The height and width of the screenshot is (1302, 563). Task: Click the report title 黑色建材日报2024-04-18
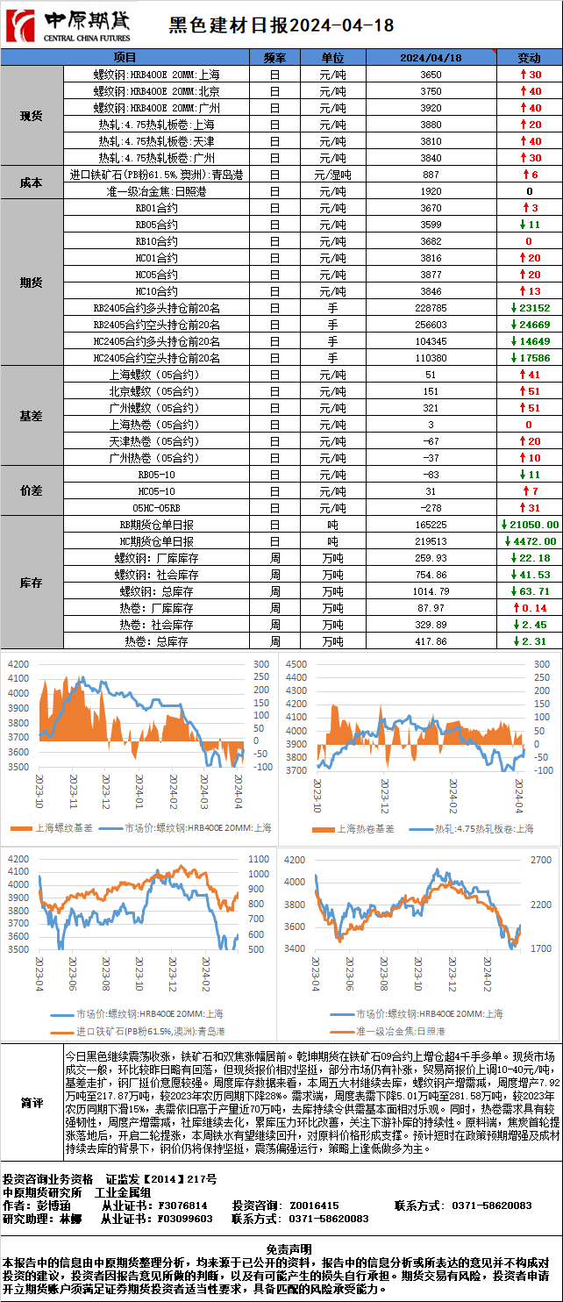click(280, 27)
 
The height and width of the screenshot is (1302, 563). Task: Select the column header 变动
click(529, 57)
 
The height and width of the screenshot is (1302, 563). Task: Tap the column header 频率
click(274, 57)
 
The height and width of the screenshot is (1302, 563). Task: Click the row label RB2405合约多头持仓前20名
click(157, 308)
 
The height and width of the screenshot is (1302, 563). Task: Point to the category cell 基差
click(32, 416)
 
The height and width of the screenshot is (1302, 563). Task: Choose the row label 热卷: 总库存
click(157, 641)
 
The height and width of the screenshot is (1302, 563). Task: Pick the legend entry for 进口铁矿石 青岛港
click(149, 1031)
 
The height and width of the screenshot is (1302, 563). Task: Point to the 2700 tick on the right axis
click(541, 860)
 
